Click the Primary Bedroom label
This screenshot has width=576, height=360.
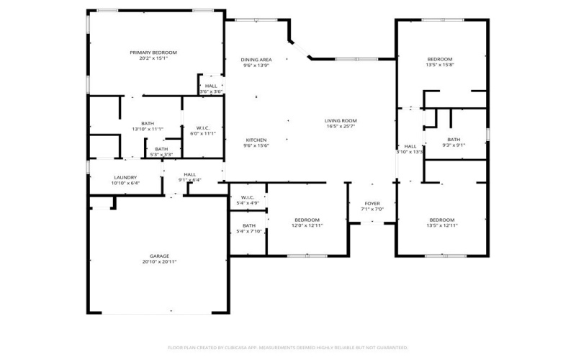click(x=153, y=53)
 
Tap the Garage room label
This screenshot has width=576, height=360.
click(x=159, y=256)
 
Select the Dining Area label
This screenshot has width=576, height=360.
click(x=256, y=59)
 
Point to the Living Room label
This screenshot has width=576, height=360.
click(x=341, y=120)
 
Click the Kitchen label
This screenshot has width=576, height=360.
click(x=256, y=140)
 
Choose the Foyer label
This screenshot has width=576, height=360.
click(x=372, y=204)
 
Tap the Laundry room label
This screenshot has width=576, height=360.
click(x=125, y=177)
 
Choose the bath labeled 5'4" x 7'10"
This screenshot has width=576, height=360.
click(x=248, y=228)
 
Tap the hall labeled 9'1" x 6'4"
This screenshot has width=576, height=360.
click(x=189, y=174)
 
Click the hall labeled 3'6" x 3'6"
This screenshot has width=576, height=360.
click(x=211, y=86)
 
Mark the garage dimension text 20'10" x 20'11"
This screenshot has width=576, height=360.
click(x=159, y=262)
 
